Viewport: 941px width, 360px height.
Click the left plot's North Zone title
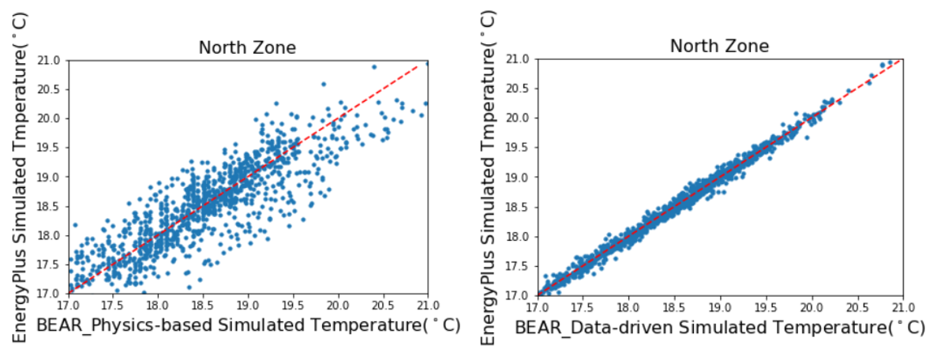coord(247,47)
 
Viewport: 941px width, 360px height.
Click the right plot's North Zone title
coord(719,47)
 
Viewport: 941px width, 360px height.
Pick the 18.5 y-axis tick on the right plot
coord(521,208)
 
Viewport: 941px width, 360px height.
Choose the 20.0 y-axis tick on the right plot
coord(521,118)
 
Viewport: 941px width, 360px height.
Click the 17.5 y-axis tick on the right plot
coord(521,266)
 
